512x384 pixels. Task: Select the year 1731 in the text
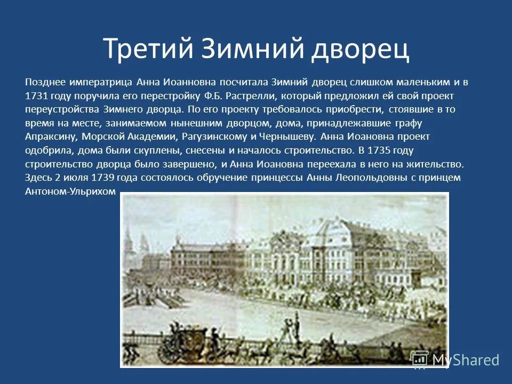36,95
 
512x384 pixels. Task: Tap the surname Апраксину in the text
50,137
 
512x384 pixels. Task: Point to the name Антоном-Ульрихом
70,191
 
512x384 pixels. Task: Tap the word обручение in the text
205,178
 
